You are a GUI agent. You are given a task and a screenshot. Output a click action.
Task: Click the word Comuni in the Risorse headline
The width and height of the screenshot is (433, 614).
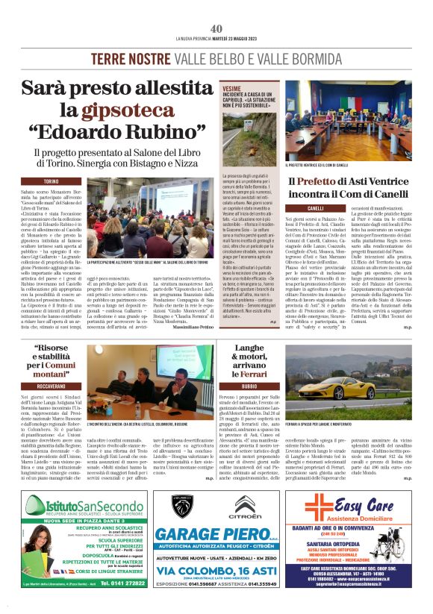[x=72, y=366]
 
